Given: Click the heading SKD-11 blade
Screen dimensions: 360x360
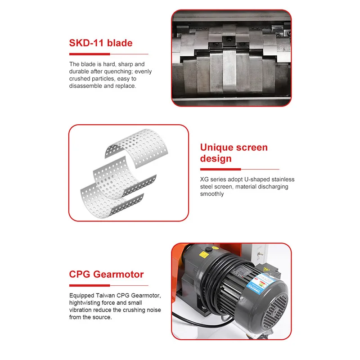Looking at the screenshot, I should click(x=100, y=43).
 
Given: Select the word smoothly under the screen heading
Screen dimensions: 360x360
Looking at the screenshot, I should click(x=211, y=194).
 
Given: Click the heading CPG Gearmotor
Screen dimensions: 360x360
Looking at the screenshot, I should click(x=106, y=274).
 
